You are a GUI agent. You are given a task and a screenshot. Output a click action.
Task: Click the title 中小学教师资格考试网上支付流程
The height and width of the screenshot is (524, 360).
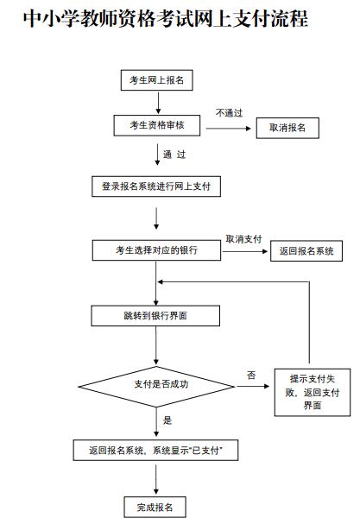point(164,19)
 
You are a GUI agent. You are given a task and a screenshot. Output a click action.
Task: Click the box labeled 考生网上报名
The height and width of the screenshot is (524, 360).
point(156,80)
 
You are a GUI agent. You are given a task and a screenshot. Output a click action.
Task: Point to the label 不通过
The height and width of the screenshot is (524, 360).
point(230,113)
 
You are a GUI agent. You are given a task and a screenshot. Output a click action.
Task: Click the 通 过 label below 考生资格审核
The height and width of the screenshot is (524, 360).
point(174,155)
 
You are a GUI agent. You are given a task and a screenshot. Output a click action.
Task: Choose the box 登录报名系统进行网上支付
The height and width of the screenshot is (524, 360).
point(156,186)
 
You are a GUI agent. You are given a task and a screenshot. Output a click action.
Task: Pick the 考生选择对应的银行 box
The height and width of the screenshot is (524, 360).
point(156,250)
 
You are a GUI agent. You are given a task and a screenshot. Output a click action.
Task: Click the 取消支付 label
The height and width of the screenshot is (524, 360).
point(243,239)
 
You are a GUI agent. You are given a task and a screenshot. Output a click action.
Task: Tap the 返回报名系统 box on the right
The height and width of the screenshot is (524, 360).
point(306,251)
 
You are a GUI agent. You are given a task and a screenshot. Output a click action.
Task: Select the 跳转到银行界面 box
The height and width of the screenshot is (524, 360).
point(155,317)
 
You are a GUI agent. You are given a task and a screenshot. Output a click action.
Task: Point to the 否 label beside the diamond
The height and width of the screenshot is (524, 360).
point(251,375)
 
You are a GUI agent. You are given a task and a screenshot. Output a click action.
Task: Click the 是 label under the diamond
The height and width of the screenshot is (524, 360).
point(167,420)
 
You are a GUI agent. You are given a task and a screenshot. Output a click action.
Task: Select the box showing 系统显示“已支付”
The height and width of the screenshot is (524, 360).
point(156,451)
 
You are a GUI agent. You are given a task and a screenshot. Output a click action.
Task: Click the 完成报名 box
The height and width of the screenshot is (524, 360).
point(155,506)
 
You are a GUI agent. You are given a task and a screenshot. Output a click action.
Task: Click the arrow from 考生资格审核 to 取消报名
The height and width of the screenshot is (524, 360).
point(228,127)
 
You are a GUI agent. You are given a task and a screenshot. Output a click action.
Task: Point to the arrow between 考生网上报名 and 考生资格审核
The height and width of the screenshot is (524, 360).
point(156,103)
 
